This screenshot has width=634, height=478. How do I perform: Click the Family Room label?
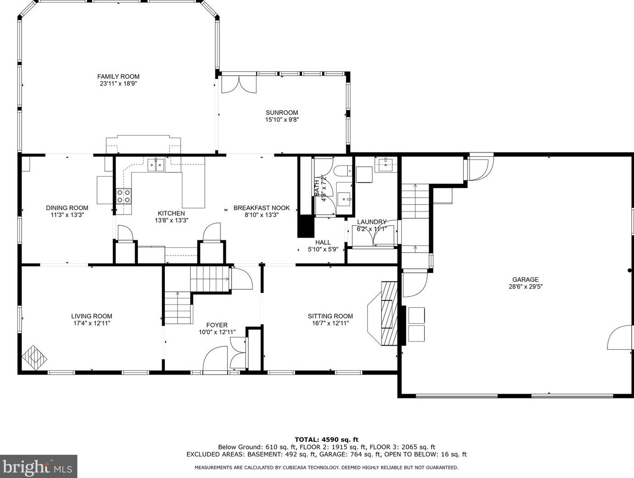[x=118, y=76]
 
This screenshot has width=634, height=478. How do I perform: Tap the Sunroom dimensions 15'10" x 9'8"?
[x=282, y=120]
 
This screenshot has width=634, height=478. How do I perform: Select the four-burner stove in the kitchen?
[x=123, y=196]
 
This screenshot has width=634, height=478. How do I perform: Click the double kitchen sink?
[x=156, y=165]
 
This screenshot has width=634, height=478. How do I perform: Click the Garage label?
[x=525, y=279]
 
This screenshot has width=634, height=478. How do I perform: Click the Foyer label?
[x=217, y=325]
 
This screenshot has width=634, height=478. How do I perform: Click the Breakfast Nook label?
[x=262, y=208]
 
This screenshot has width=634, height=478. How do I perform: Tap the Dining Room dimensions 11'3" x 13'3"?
[x=67, y=215]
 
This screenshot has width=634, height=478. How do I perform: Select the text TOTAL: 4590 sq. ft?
[x=326, y=440]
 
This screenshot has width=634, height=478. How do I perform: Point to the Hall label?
[x=322, y=243]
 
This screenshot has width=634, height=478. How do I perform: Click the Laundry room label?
[x=372, y=222]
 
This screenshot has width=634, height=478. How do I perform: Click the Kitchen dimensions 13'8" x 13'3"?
[x=171, y=220]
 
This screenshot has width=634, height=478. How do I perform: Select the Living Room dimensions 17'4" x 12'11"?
[x=91, y=323]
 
